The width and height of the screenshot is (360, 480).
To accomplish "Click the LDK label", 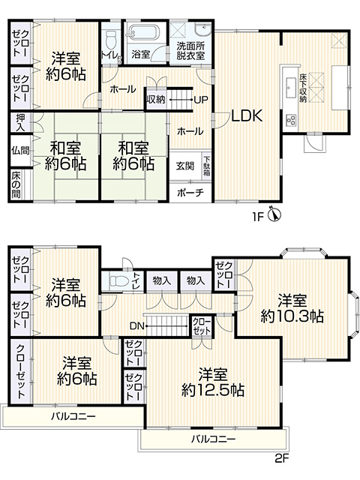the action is pyautogui.click(x=247, y=116).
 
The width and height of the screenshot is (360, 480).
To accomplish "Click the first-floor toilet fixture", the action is pyautogui.click(x=109, y=40).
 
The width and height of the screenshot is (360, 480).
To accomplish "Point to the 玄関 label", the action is pyautogui.click(x=185, y=166).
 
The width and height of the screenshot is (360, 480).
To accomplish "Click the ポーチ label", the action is pyautogui.click(x=190, y=193).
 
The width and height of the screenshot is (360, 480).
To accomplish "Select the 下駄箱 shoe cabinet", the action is pyautogui.click(x=207, y=166).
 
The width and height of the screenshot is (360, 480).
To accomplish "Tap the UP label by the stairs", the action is pyautogui.click(x=201, y=100).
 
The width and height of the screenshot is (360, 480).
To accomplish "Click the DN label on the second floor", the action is pyautogui.click(x=136, y=326).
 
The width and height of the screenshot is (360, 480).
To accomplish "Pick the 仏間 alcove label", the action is pyautogui.click(x=20, y=150).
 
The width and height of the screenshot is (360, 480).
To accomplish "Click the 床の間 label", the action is pyautogui.click(x=16, y=184).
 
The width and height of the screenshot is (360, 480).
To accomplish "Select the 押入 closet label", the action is pyautogui.click(x=20, y=122).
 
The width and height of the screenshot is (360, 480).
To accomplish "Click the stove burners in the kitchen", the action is pyautogui.click(x=290, y=120).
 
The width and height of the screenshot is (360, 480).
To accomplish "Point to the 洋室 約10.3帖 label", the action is pyautogui.click(x=292, y=308).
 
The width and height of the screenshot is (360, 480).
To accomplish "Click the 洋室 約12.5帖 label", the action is pyautogui.click(x=213, y=382).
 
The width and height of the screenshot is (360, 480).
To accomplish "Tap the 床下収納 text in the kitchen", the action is pyautogui.click(x=303, y=87).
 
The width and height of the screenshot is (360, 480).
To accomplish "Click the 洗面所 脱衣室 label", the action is pyautogui.click(x=190, y=52).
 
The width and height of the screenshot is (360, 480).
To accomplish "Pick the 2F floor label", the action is pyautogui.click(x=282, y=458).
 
